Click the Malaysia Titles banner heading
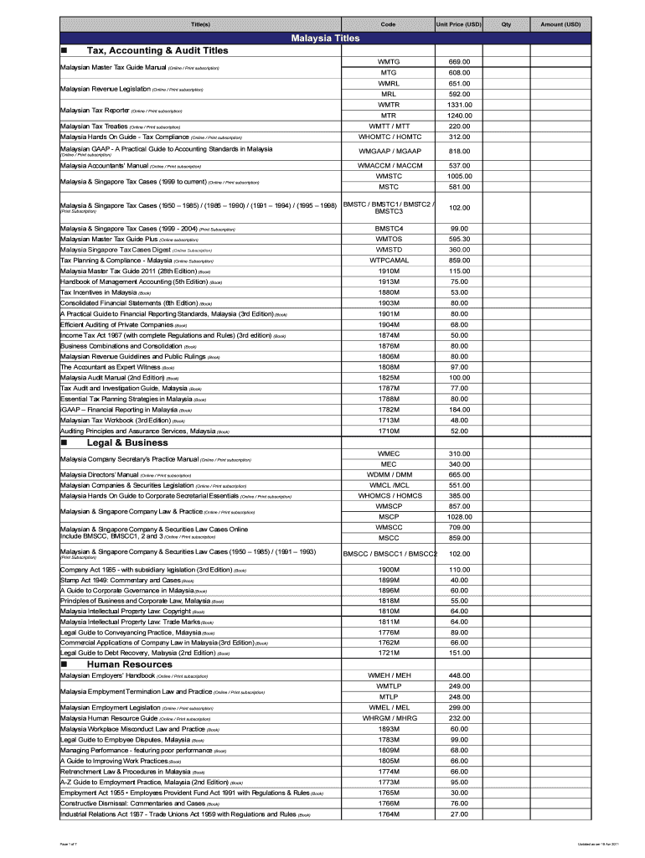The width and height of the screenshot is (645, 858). click(325, 39)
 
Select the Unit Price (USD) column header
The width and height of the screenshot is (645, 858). click(458, 24)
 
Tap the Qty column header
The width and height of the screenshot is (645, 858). click(506, 24)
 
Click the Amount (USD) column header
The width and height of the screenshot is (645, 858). click(560, 24)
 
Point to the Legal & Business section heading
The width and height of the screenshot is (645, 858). click(127, 442)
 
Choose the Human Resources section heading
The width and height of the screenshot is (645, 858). click(130, 664)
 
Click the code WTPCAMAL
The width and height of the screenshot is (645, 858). click(389, 261)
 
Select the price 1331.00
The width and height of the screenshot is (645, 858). click(459, 105)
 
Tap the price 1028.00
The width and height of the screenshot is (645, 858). click(459, 517)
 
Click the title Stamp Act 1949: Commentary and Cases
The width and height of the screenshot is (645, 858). click(126, 580)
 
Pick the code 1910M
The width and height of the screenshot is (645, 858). click(389, 271)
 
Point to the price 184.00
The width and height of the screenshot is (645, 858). click(459, 410)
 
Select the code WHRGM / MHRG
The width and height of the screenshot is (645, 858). click(389, 718)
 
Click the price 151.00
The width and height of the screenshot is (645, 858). click(459, 653)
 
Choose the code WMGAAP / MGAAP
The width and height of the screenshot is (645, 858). click(389, 151)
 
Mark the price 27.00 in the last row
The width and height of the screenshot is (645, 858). click(459, 814)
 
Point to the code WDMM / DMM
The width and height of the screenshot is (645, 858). click(389, 474)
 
